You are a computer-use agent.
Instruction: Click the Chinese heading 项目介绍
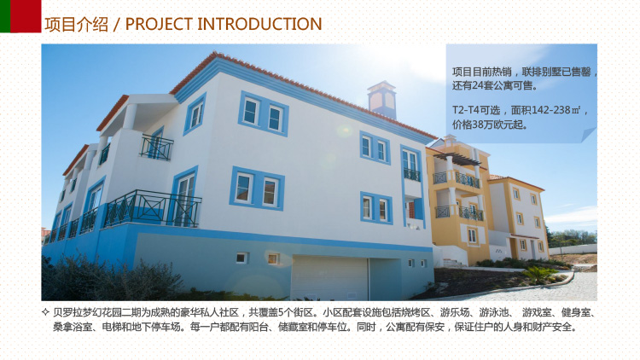coord(76,24)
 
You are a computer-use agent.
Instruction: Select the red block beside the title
coord(26,16)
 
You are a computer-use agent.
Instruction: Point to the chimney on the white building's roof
coord(381,99)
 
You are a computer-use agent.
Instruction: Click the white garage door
coord(329,278)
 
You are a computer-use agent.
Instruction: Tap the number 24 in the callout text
coord(477,85)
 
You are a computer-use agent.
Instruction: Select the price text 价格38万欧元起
coord(489,124)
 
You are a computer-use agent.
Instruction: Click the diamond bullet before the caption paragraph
coord(45,312)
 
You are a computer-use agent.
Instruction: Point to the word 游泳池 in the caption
coord(494,312)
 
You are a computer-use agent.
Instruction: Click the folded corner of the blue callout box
coord(589,135)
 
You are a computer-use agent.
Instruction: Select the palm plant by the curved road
coord(539,275)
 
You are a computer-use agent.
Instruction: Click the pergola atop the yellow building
coord(457,159)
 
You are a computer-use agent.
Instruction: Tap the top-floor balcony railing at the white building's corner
coord(156,148)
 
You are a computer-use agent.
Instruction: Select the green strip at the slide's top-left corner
coord(5,16)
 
